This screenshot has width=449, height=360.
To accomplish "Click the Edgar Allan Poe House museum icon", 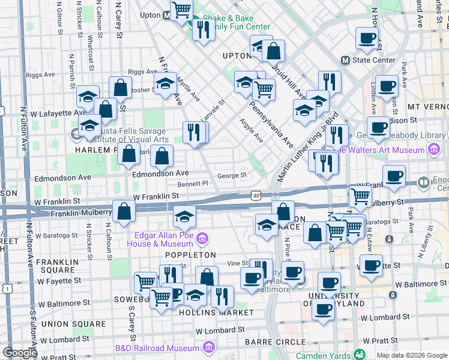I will [202, 240].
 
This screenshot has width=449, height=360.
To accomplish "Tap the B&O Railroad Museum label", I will [157, 347].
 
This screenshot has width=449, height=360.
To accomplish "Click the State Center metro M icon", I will [345, 60].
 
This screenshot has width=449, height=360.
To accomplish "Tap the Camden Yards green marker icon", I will [360, 355].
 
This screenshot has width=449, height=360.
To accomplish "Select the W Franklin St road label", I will [156, 196].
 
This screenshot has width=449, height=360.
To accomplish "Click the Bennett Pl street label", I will [193, 184].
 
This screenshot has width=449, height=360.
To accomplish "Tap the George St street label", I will [232, 176].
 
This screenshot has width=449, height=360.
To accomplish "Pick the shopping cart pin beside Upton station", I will [181, 10].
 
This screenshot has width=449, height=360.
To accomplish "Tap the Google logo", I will [19, 353].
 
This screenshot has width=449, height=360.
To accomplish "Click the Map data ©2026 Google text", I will [412, 355].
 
